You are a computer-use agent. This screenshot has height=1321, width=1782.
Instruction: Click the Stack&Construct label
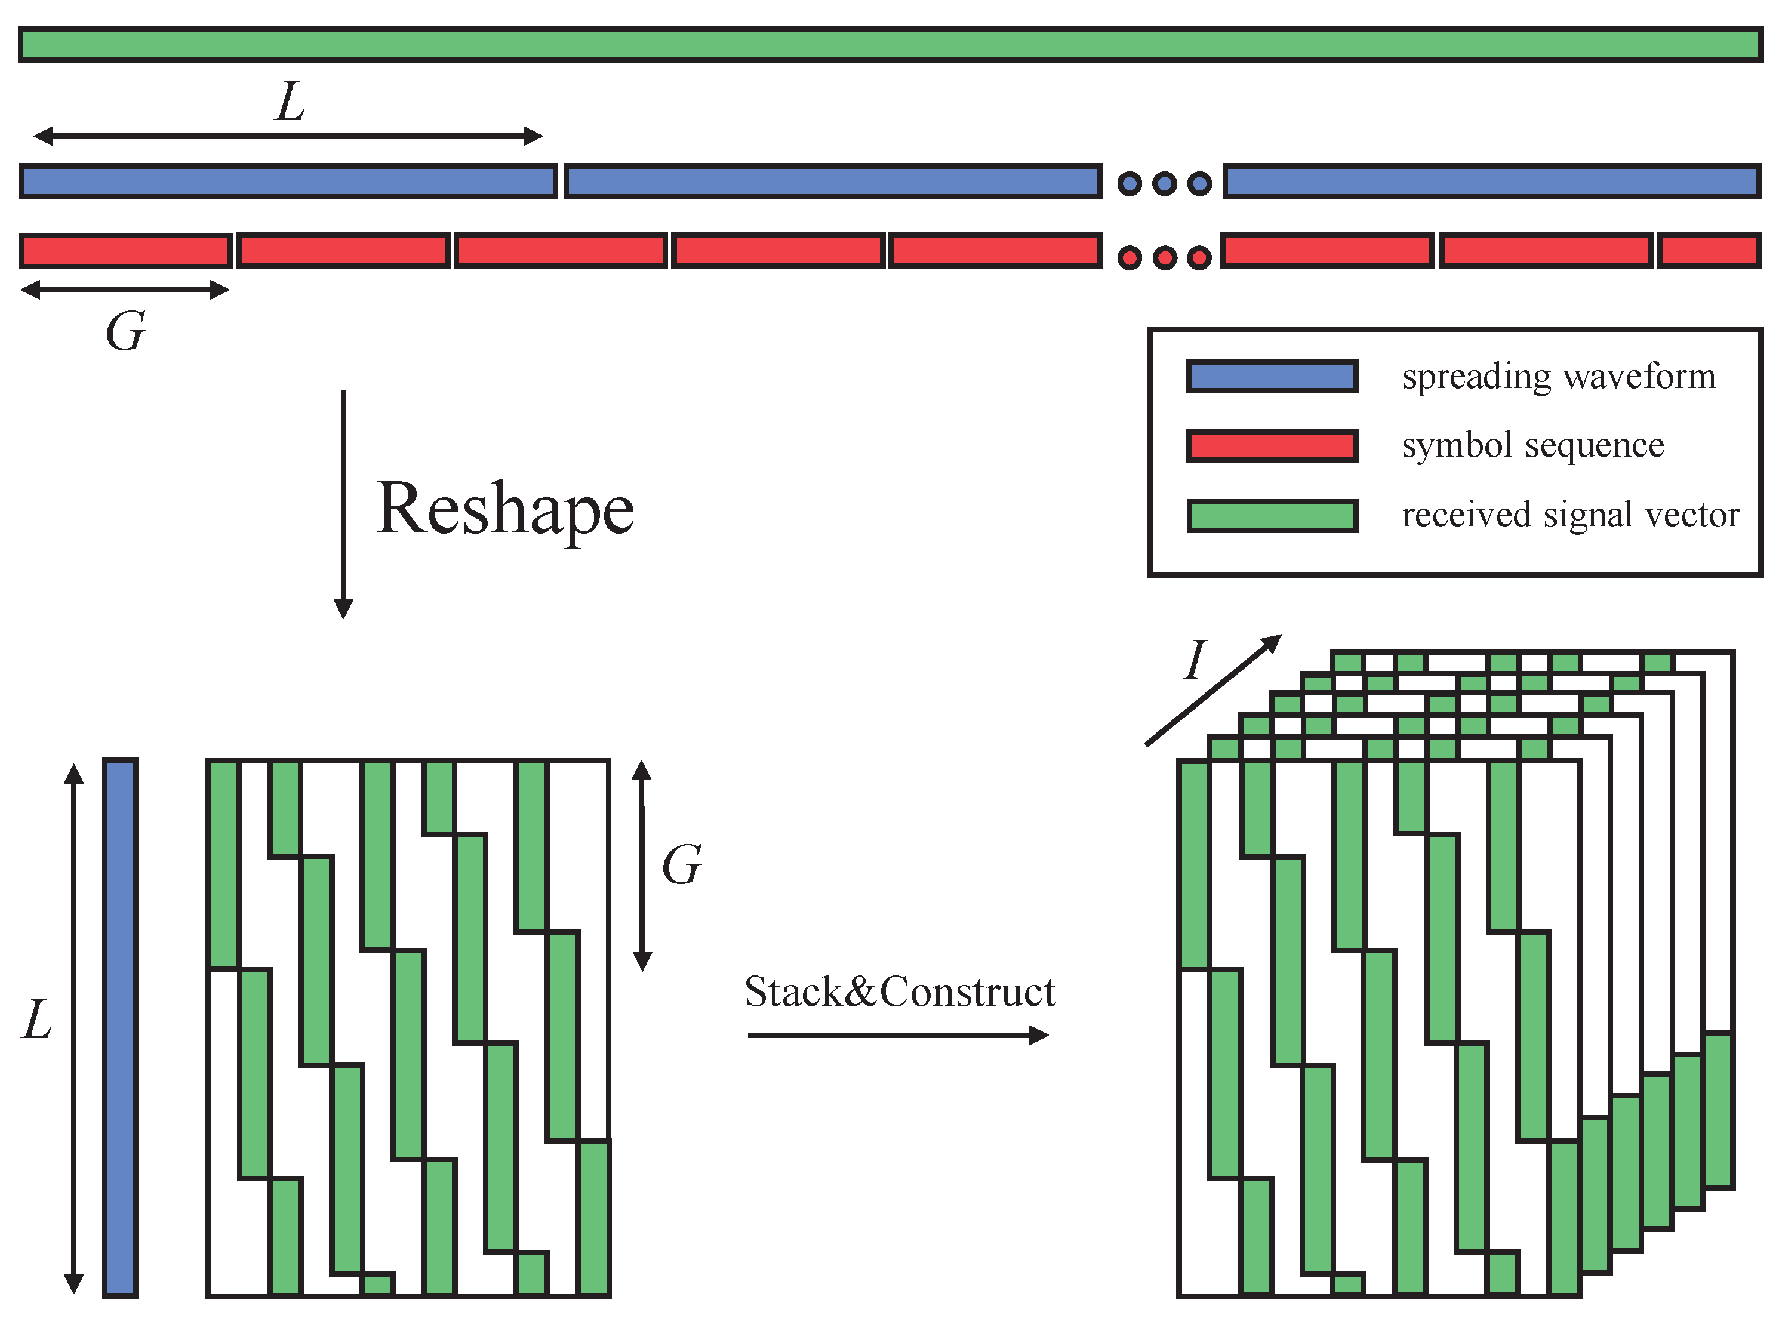click(x=899, y=992)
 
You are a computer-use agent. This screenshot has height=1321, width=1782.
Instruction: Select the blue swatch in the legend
click(x=1272, y=377)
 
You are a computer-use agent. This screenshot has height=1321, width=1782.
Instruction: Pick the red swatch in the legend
click(x=1272, y=446)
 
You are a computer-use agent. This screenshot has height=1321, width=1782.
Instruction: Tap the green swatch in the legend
click(x=1272, y=516)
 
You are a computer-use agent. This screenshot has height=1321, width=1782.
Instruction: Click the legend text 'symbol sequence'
click(x=1532, y=445)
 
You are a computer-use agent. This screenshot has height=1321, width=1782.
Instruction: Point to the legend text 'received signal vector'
click(x=1570, y=515)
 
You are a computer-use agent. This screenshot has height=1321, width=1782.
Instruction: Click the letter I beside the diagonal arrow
click(x=1195, y=660)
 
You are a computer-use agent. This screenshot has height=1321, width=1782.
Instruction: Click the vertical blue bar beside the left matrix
click(x=120, y=1027)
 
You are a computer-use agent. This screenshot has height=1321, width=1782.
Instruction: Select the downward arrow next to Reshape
click(x=343, y=504)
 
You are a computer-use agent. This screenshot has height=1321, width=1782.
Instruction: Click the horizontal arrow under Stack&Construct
click(x=897, y=1036)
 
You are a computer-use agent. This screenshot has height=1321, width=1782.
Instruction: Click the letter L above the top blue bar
click(x=290, y=102)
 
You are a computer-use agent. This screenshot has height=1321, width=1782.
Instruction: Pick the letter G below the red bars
click(x=125, y=331)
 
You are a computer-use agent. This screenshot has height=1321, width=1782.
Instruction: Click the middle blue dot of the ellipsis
click(x=1164, y=184)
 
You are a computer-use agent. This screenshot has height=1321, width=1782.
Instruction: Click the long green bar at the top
click(x=890, y=44)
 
